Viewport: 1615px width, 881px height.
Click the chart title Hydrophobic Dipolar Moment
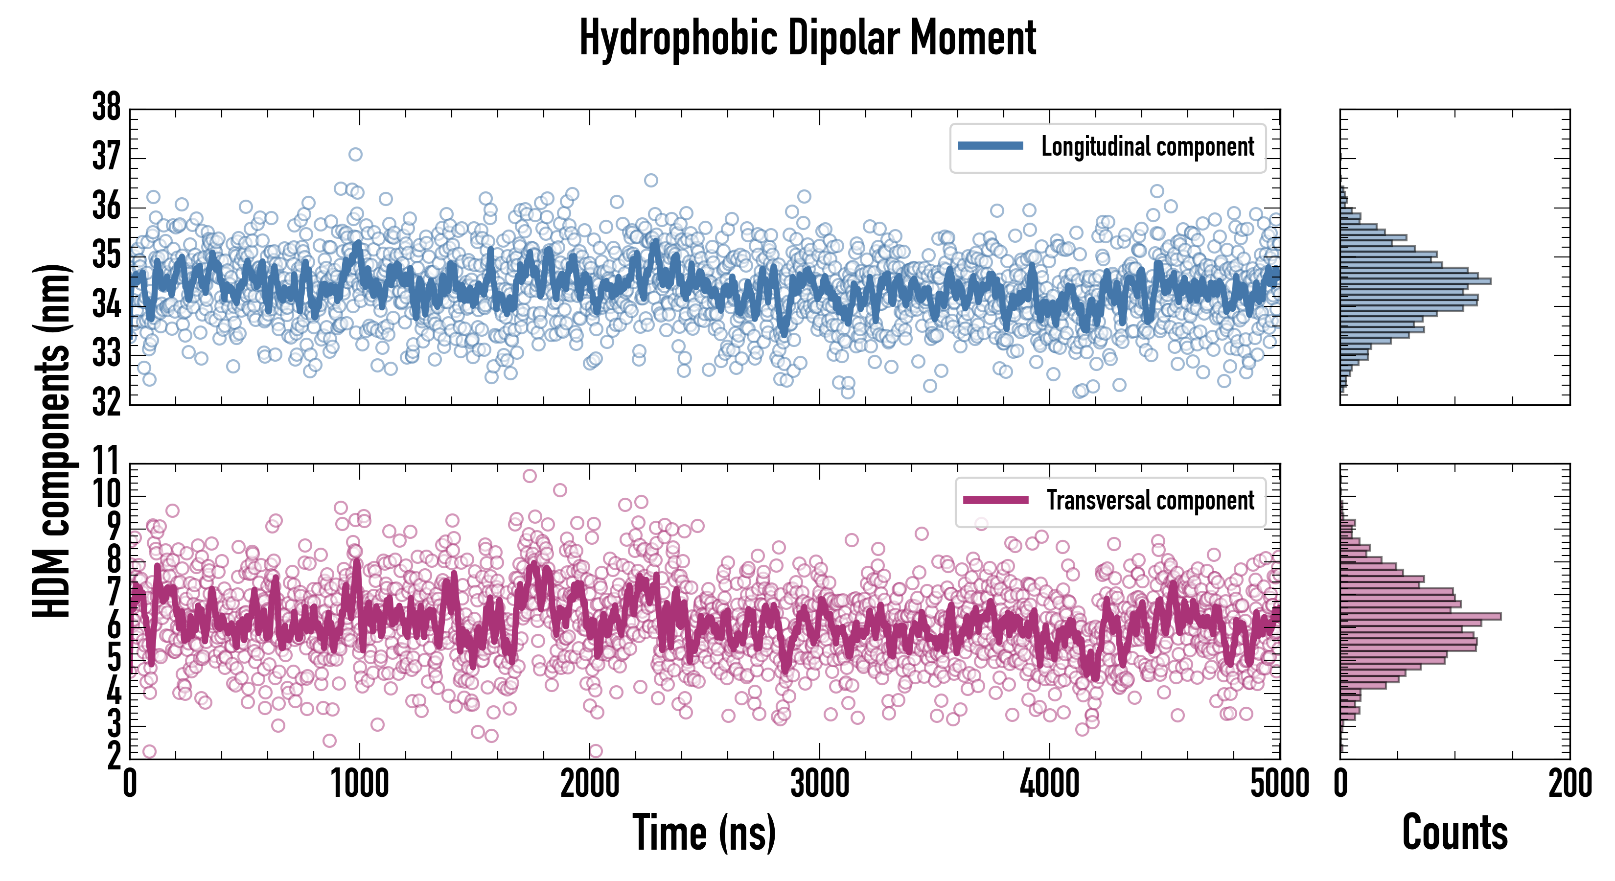807,38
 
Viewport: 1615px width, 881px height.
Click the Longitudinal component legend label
1147,147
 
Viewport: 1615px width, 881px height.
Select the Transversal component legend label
1151,500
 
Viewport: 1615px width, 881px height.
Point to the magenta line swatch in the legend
995,500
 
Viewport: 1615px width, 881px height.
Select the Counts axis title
1454,833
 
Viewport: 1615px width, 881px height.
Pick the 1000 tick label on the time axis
359,784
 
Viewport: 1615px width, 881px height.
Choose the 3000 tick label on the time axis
819,784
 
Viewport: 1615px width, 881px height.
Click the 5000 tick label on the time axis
1279,784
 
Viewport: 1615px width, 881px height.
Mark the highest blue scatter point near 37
355,154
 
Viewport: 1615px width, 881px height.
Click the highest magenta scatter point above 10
530,476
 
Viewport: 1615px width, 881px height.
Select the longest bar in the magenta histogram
1420,616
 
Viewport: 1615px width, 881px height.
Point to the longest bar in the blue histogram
1415,281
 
